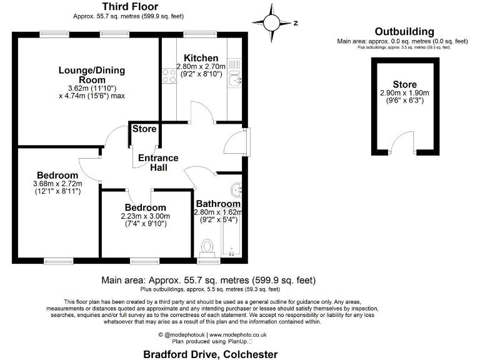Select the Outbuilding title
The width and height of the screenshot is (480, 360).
pos(404,32)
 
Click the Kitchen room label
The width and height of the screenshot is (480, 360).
pos(197,58)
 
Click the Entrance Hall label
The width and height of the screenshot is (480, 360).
pos(158,163)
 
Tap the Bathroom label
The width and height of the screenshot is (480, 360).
pos(218,204)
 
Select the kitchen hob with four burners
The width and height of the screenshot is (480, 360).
pos(169,76)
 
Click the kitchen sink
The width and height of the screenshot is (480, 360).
pos(234,79)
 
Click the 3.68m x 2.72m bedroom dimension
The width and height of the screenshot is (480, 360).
pos(57,184)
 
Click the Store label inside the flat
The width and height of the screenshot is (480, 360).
pos(144,129)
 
